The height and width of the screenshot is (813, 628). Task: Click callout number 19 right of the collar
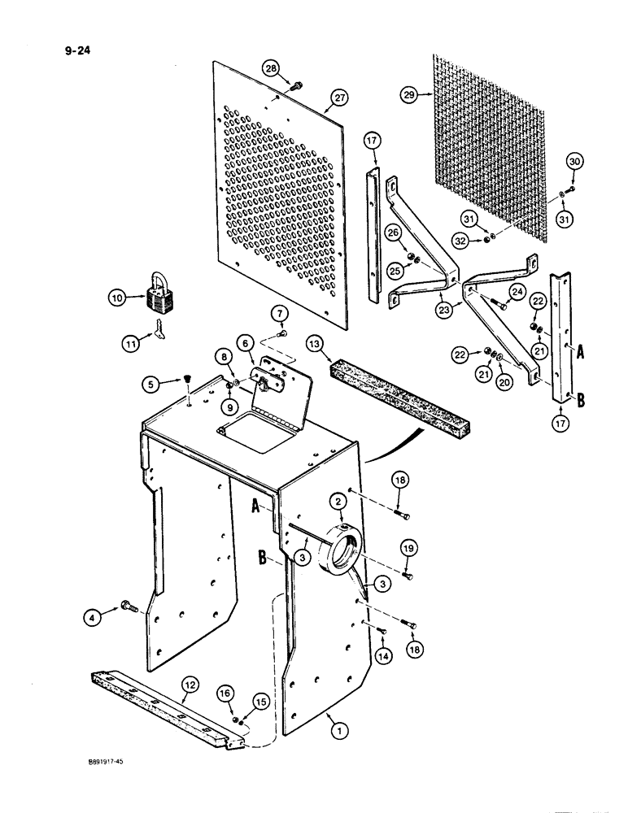click(x=408, y=550)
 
